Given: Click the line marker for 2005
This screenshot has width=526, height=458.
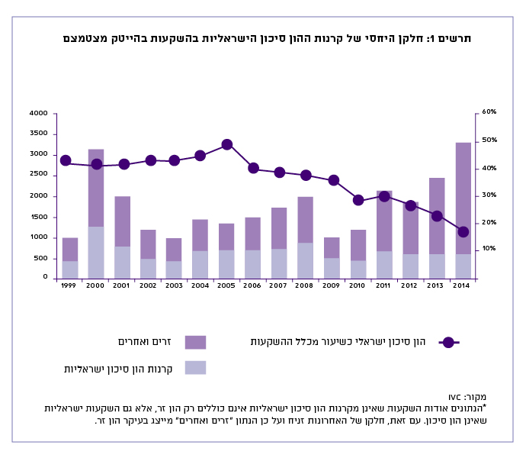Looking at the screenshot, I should (x=226, y=144).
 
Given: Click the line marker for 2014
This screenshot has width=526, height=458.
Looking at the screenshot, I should (x=463, y=231).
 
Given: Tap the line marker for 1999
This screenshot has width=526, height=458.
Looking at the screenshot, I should (x=66, y=160).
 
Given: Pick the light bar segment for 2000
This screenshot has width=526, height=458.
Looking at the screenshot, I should (x=96, y=252).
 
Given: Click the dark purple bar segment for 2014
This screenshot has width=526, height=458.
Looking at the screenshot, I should (x=463, y=198).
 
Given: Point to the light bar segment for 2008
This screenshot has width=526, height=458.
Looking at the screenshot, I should (x=306, y=260).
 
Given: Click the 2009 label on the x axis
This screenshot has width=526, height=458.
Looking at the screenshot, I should (x=332, y=285).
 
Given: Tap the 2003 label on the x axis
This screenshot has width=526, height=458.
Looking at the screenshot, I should (x=174, y=285).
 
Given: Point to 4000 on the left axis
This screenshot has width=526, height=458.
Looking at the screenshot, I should (x=39, y=113).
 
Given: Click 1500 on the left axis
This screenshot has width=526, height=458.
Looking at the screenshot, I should (x=39, y=217).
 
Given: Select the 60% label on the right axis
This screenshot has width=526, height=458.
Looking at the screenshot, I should (x=489, y=112).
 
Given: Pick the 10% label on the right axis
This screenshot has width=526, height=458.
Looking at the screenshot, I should (x=489, y=249).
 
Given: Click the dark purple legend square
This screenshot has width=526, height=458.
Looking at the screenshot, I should (x=195, y=342).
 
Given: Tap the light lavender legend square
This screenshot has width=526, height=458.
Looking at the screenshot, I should (x=195, y=368).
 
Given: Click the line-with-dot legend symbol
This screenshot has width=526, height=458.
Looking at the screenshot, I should (x=448, y=342).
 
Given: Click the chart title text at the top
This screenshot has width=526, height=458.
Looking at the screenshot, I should (x=267, y=38).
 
